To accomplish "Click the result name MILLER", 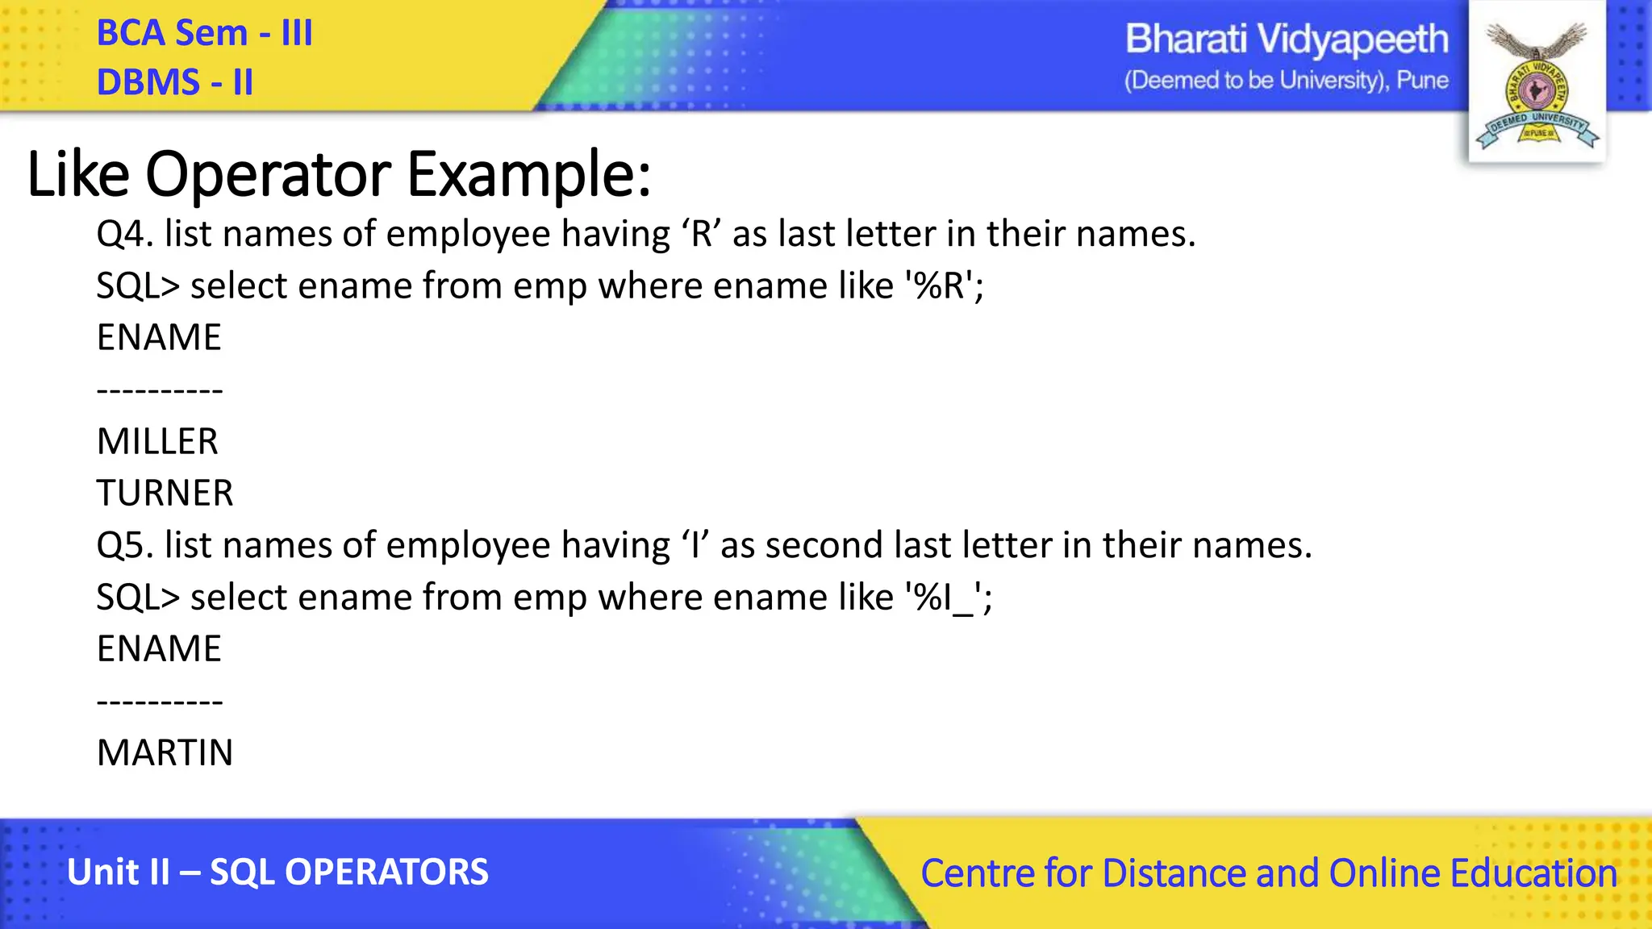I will pos(157,442).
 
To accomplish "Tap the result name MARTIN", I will pos(165,753).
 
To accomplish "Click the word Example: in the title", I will pos(528,174).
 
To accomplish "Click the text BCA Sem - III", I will pos(204,33).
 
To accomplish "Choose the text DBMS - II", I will pos(174,82).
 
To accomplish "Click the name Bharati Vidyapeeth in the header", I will pos(1286,40).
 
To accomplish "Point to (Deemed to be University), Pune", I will pos(1286,81).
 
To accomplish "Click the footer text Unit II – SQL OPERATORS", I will pos(277,873).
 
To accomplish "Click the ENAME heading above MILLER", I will pos(159,338).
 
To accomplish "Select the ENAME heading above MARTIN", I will pos(159,649).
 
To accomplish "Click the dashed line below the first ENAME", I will pos(160,391).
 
